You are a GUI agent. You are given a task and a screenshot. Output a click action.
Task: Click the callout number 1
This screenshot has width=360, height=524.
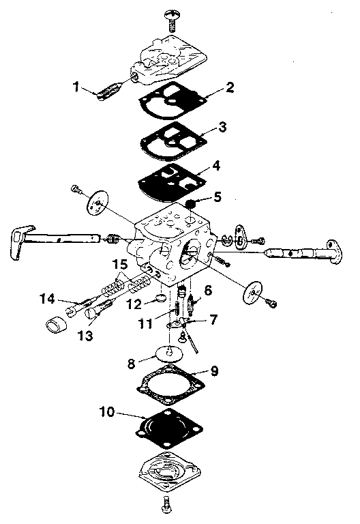[x=77, y=87]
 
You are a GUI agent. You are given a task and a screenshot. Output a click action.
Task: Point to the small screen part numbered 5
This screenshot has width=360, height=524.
[x=192, y=204]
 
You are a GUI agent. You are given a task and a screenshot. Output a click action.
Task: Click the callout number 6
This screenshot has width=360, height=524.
[x=208, y=290]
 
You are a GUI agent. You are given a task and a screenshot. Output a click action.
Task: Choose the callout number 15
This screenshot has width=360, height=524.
[x=120, y=264]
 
